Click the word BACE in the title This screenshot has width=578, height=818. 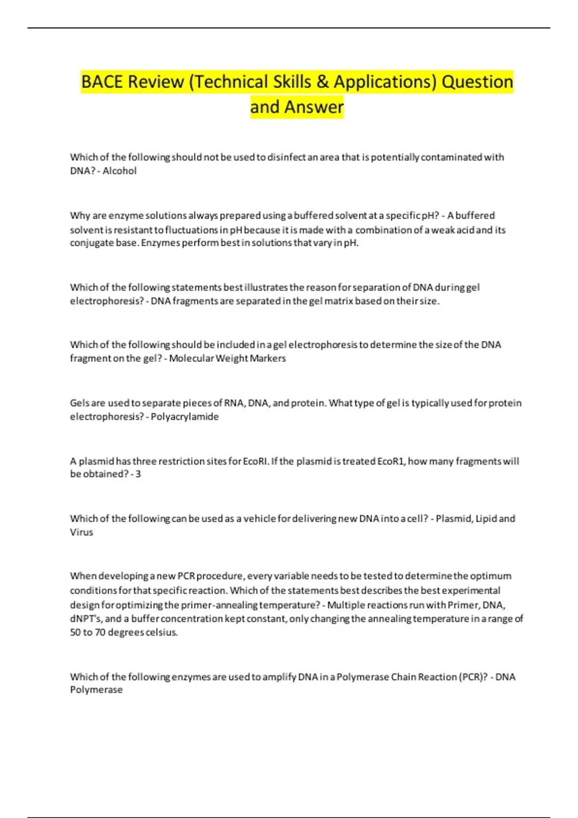coord(102,82)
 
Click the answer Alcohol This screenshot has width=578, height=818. coord(119,171)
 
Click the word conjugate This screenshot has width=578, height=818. coord(92,243)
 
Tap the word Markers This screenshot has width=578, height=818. coord(268,358)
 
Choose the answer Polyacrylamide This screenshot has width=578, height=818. coord(184,417)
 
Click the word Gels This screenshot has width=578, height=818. coord(80,403)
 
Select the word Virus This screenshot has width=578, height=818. coord(81,532)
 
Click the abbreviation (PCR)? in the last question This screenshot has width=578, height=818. coord(473,677)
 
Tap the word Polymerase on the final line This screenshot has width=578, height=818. coord(96,690)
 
